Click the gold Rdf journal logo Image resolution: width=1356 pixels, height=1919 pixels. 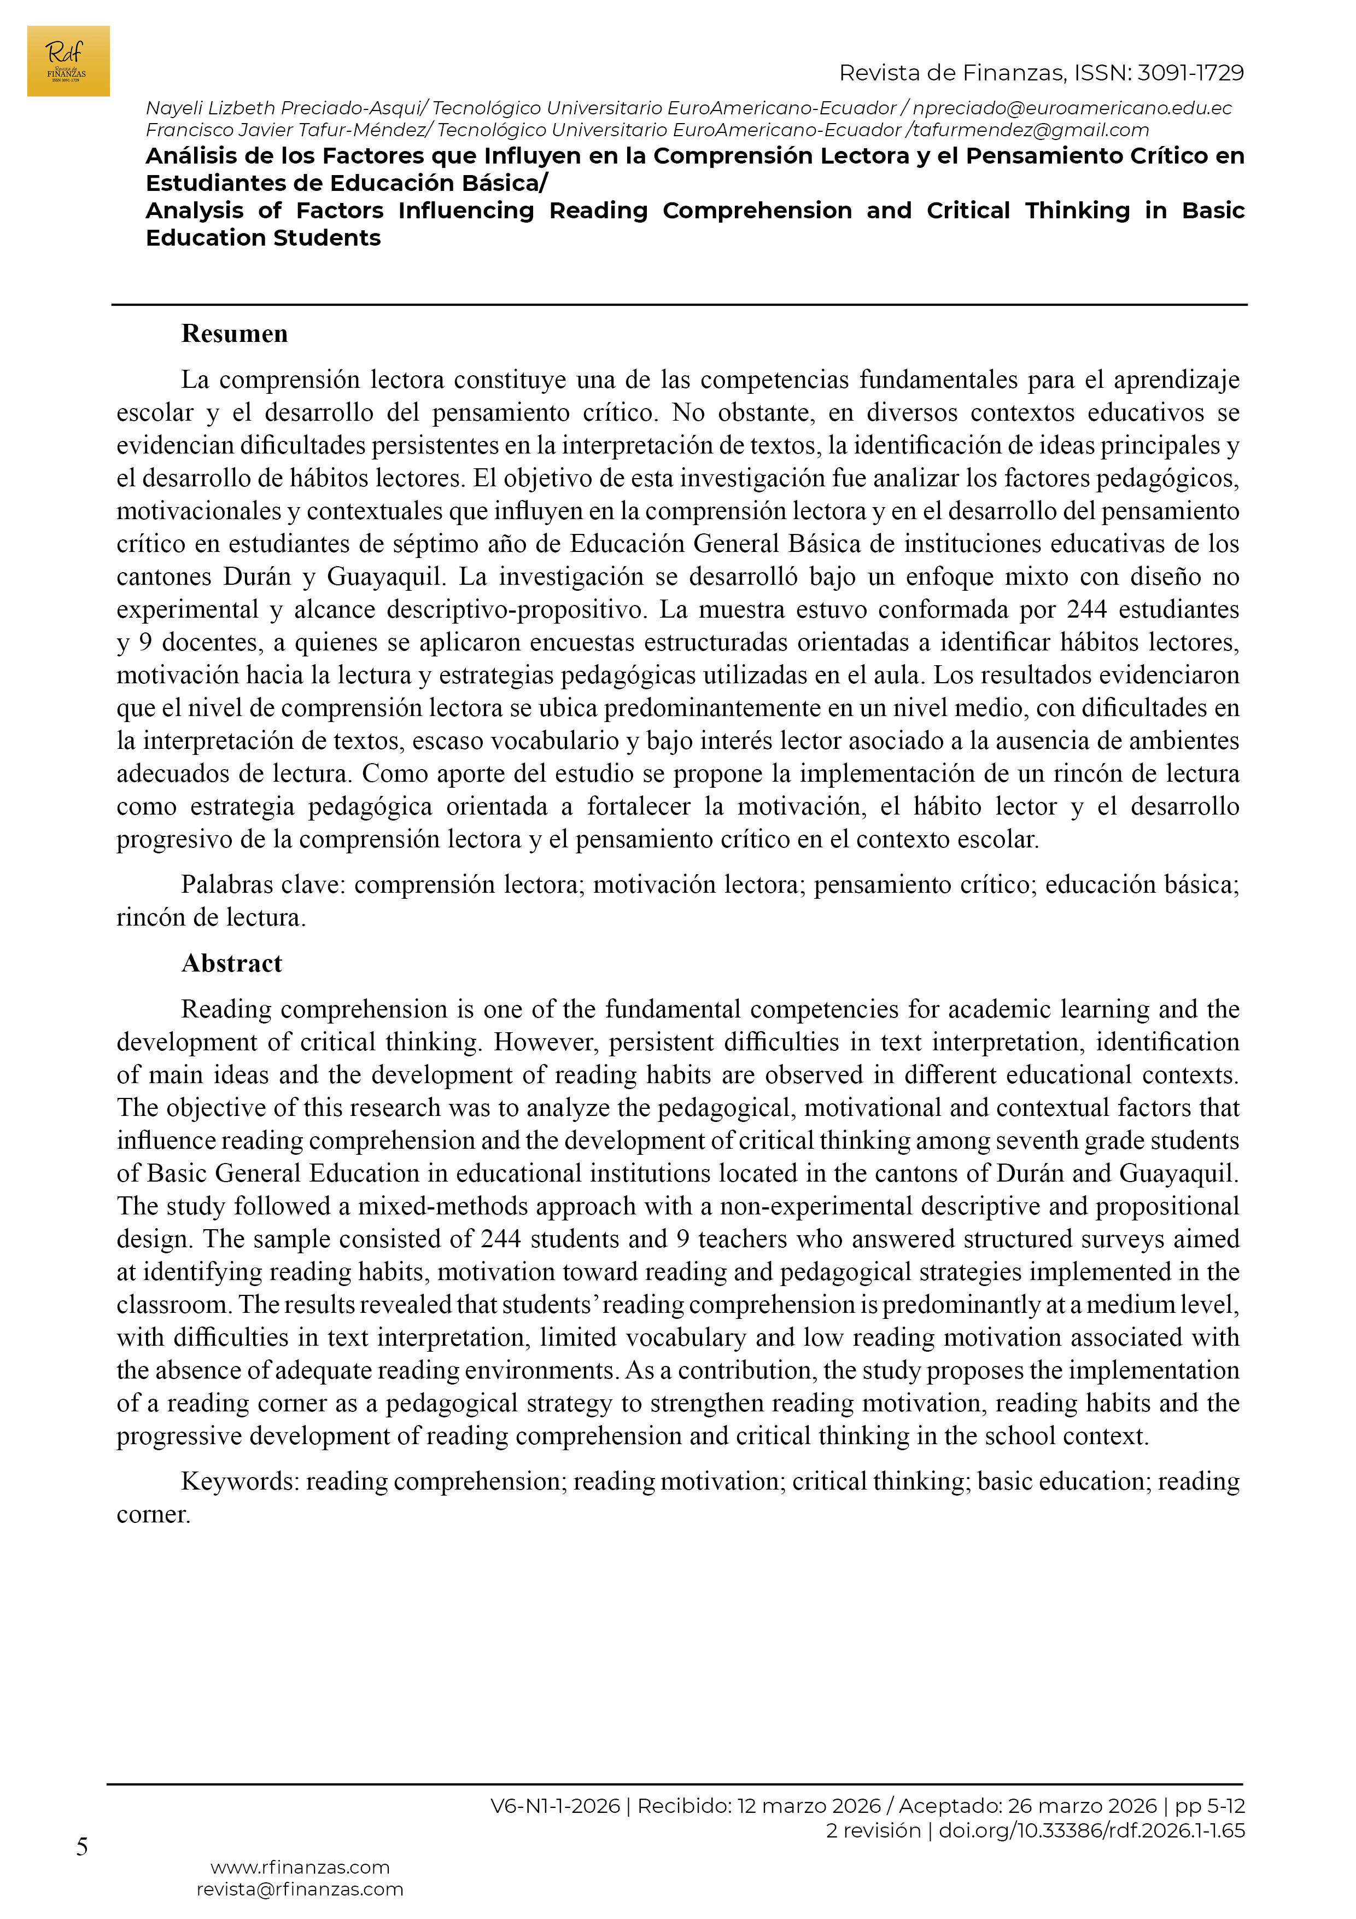point(68,61)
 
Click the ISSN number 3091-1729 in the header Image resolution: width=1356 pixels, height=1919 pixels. point(1190,73)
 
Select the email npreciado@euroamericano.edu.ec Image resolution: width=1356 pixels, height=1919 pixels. point(1072,109)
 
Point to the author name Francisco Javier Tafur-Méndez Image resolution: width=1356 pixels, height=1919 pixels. point(286,130)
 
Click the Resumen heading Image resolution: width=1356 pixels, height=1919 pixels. point(234,334)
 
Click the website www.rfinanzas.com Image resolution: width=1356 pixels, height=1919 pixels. point(300,1867)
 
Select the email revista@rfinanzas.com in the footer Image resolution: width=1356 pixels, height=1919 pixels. point(300,1889)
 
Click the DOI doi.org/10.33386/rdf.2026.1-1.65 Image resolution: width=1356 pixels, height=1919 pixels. point(1091,1830)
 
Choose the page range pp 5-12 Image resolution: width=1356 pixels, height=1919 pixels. point(1210,1806)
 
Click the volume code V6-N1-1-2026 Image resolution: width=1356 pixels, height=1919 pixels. point(555,1806)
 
